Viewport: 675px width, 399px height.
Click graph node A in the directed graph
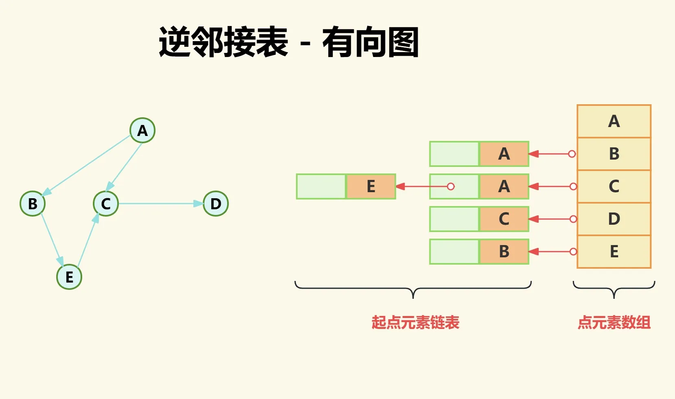(x=142, y=130)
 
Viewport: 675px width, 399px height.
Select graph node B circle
(x=33, y=204)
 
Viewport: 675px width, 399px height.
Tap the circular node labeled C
(x=106, y=204)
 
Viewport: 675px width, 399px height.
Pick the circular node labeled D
(x=216, y=204)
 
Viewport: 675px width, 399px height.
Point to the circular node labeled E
(x=69, y=277)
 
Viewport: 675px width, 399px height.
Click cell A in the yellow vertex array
(x=614, y=121)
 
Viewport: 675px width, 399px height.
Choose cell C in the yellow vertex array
(x=614, y=186)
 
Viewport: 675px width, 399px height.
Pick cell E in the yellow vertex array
(x=614, y=252)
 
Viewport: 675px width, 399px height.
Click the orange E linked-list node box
(x=371, y=186)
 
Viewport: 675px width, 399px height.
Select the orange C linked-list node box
(x=504, y=219)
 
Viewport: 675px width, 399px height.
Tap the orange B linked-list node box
(x=504, y=252)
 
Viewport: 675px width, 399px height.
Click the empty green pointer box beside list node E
(x=321, y=186)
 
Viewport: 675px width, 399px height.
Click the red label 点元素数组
(x=614, y=322)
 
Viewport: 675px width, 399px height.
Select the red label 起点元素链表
(x=415, y=322)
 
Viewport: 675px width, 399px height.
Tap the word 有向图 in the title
(x=370, y=42)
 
